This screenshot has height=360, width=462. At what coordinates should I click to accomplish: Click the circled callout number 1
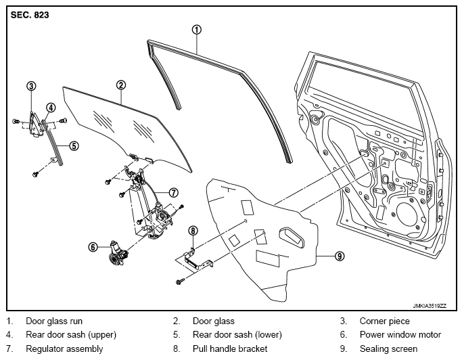point(197,30)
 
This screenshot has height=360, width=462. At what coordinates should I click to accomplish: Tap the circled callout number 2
point(121,85)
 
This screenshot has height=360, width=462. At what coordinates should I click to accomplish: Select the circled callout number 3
point(31,87)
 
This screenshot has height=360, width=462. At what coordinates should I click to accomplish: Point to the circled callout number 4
point(51,108)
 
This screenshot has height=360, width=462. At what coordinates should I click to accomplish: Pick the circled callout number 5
point(74,145)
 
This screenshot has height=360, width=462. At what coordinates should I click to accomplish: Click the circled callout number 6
point(93,247)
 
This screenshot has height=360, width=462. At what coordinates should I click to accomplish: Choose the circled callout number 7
point(174,193)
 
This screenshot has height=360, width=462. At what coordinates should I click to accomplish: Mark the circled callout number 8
point(193,231)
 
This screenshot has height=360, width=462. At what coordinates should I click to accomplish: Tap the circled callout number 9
point(340,256)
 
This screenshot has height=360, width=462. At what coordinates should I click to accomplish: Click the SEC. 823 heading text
point(30,15)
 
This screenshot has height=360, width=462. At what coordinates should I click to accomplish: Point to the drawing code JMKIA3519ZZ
point(430,306)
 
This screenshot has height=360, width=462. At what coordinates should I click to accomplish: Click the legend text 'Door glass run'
point(54,321)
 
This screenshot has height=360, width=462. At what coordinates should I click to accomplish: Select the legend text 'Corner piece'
point(384,321)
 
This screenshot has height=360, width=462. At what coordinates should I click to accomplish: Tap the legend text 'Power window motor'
point(400,335)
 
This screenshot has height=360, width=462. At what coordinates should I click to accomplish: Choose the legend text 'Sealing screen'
point(388,348)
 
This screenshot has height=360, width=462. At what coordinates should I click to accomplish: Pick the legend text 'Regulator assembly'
point(64,348)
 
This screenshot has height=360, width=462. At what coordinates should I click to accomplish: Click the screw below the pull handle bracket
point(179,282)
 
